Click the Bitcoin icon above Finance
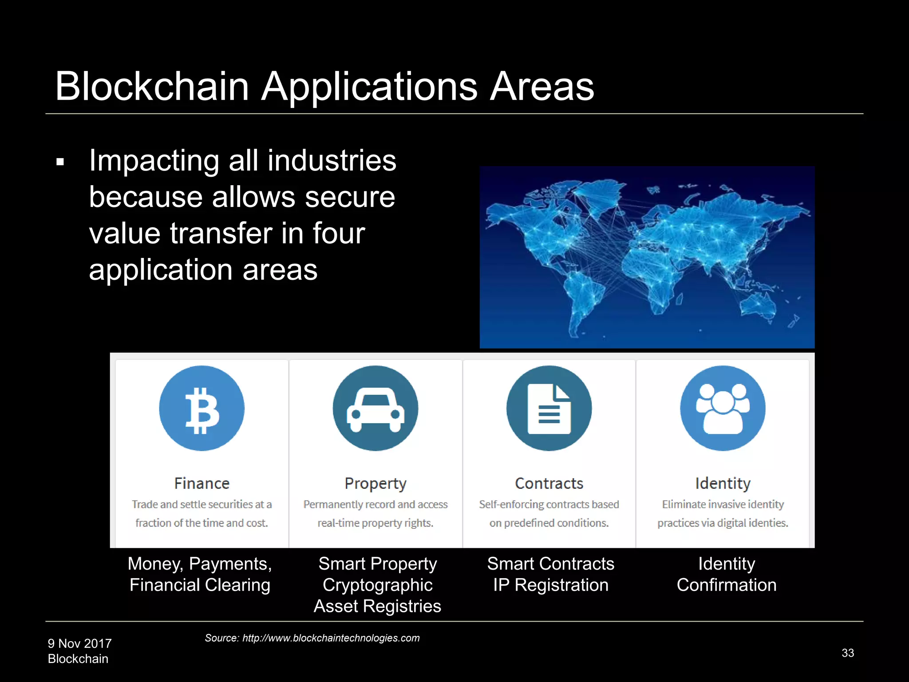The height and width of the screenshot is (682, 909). click(202, 408)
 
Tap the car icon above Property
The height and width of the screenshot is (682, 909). click(375, 408)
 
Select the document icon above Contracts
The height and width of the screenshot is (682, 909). click(549, 408)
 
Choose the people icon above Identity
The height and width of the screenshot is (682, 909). click(723, 408)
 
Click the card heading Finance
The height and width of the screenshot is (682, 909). click(202, 483)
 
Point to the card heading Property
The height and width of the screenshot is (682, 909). click(375, 484)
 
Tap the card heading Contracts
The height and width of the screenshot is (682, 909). click(549, 483)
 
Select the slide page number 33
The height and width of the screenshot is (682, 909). click(848, 653)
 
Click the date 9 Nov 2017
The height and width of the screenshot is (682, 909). click(80, 643)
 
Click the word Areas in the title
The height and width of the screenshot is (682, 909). click(542, 86)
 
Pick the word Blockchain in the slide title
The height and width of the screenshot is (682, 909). click(152, 86)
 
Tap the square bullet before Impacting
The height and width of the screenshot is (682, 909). click(60, 162)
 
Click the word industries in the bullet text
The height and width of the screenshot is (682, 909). click(332, 160)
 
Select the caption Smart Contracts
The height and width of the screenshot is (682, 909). click(550, 563)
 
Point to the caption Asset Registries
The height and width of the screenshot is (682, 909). click(377, 606)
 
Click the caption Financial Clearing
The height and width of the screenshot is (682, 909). click(200, 585)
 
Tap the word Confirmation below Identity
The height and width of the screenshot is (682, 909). click(727, 585)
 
